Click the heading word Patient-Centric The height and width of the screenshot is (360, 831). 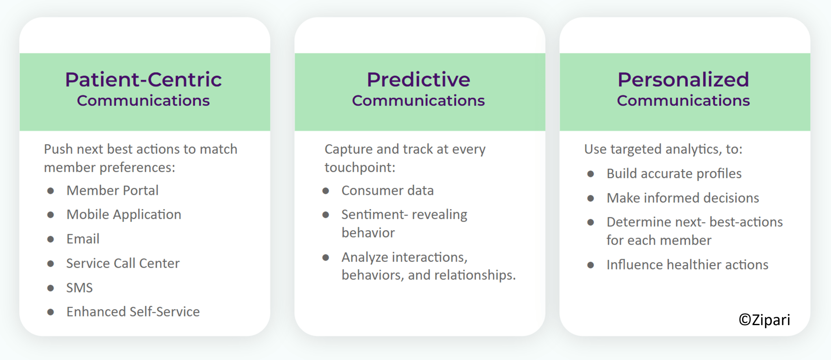(143, 79)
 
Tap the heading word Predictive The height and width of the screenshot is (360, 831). (418, 79)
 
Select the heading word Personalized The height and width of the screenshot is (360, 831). (683, 79)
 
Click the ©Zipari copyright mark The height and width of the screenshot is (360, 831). (764, 320)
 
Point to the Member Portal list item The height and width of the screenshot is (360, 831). (112, 190)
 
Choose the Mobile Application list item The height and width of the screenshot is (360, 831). (124, 214)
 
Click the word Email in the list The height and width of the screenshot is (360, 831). (83, 239)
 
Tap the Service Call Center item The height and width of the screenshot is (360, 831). (123, 263)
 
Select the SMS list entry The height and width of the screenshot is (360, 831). (80, 287)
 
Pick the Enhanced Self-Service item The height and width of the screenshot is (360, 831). (133, 312)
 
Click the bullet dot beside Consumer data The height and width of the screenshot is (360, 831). (325, 191)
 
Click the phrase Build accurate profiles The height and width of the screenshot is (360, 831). (674, 174)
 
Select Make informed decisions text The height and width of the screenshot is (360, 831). (683, 198)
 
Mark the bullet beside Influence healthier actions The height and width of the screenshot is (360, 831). (591, 265)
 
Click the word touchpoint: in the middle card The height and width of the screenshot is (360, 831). (360, 167)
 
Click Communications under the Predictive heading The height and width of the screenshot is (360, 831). (418, 101)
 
